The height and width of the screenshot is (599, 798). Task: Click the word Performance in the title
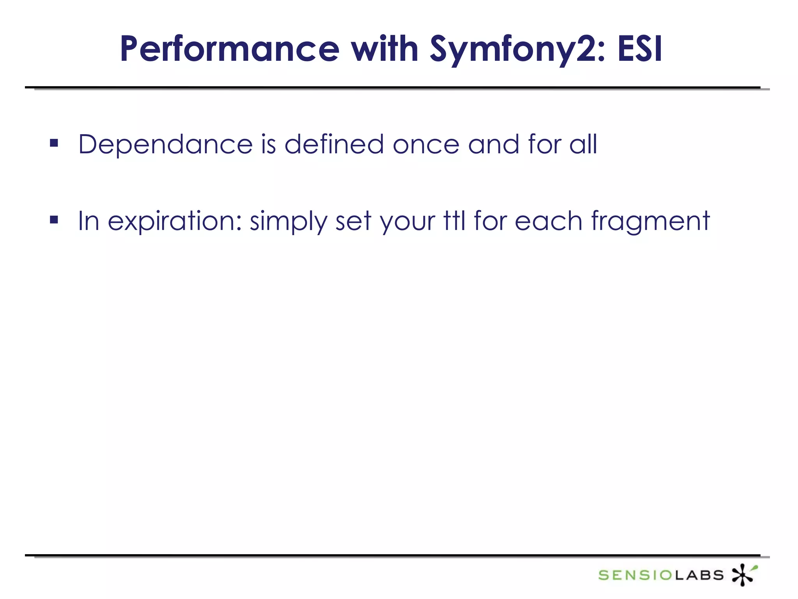[x=230, y=50]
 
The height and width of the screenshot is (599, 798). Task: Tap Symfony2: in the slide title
[x=517, y=50]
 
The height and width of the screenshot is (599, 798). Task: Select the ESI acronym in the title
[x=640, y=50]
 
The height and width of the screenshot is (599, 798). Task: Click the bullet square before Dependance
[x=54, y=143]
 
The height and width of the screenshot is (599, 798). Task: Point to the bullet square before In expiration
[x=54, y=220]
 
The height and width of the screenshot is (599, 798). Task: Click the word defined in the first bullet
[x=334, y=144]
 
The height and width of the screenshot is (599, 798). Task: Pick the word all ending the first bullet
[x=583, y=144]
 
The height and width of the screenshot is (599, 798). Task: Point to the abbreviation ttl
[x=454, y=221]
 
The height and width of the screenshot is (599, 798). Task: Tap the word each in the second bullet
[x=548, y=221]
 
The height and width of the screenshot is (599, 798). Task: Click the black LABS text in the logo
[x=699, y=575]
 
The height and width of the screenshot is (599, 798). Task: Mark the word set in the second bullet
[x=353, y=222]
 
